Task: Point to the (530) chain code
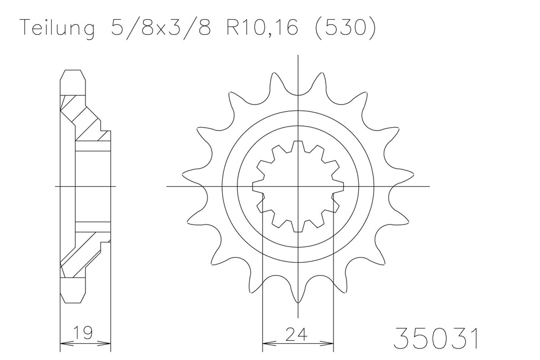343,29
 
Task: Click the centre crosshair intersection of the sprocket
298,186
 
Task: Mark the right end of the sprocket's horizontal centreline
429,186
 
